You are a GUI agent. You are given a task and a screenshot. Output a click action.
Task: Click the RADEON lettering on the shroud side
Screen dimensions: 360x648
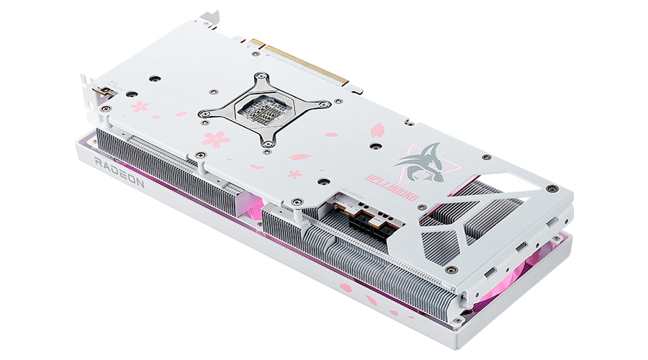121,173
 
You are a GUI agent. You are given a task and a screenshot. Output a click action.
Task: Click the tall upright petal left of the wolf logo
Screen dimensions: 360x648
377,130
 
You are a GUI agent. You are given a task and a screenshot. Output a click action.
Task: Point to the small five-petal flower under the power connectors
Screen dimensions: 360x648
294,174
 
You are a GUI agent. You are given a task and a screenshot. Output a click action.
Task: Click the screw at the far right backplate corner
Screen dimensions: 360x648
551,188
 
